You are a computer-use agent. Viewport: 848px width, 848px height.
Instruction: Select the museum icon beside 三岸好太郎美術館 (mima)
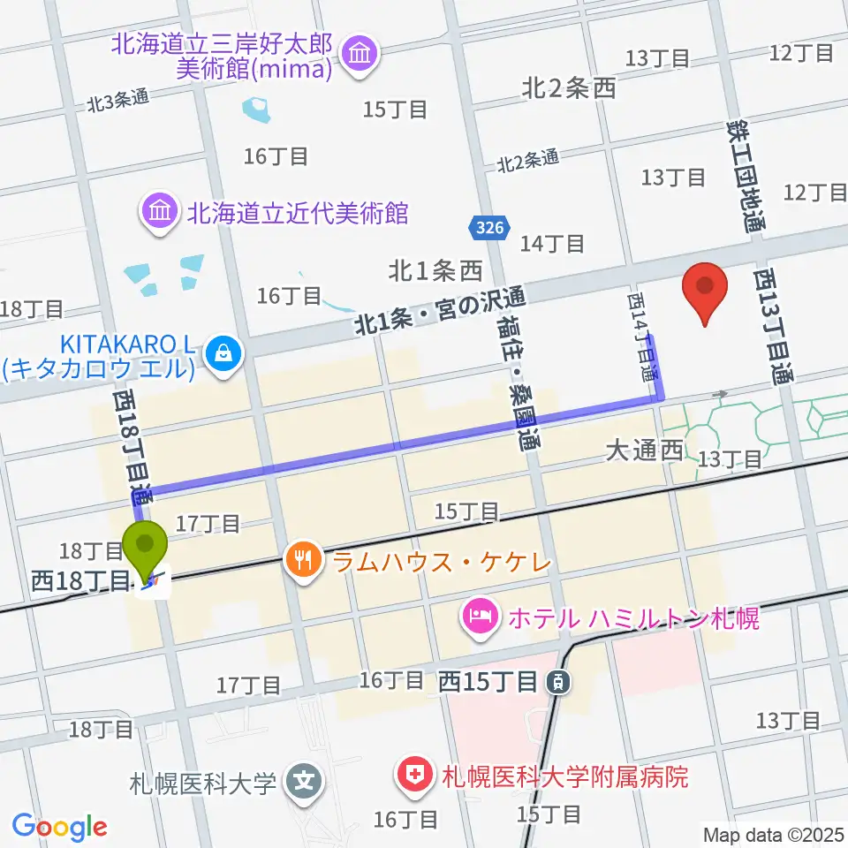click(x=359, y=55)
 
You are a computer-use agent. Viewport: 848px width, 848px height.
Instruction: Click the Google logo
click(x=59, y=827)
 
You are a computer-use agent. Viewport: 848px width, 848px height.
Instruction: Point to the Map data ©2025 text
click(x=774, y=834)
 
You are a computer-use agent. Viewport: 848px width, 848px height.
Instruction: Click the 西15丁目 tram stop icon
click(x=557, y=681)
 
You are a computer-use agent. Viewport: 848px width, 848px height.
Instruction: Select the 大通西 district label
click(x=645, y=450)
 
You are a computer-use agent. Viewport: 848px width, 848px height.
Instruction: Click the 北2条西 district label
click(x=568, y=87)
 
